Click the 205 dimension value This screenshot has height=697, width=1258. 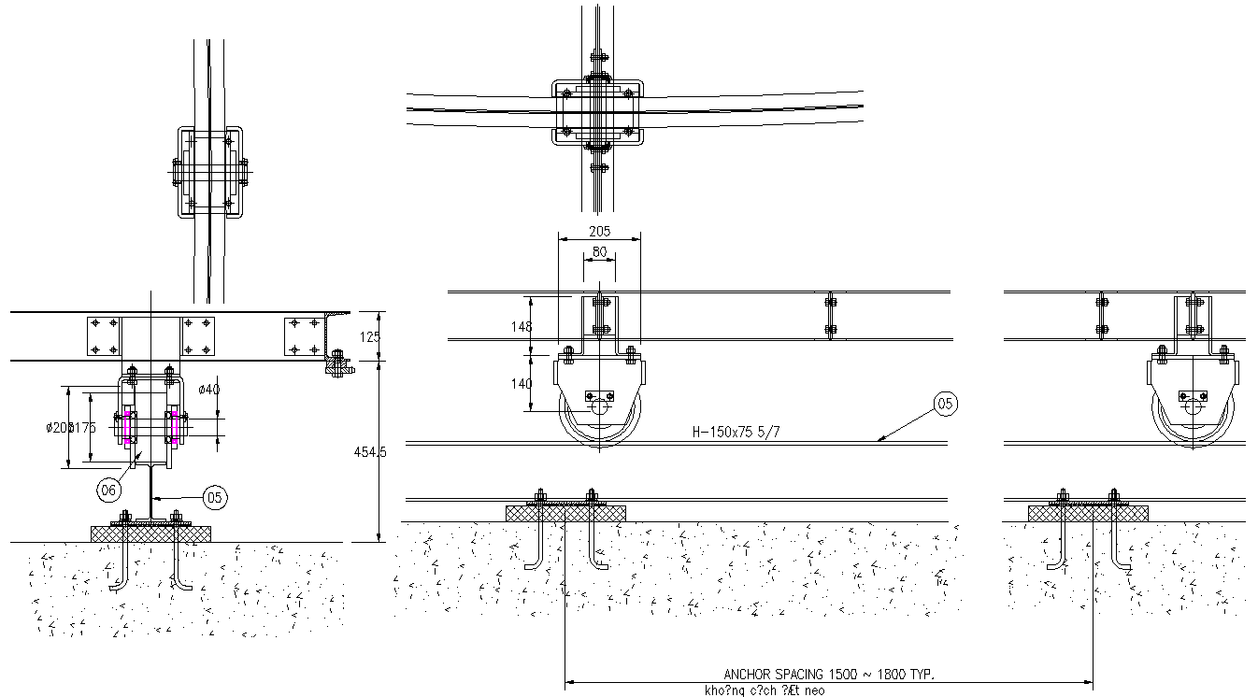tap(599, 230)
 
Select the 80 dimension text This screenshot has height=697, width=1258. tap(599, 251)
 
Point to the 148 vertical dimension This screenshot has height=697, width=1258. tap(522, 326)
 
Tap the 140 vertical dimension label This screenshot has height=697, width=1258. tap(522, 383)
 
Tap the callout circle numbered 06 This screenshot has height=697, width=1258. tap(109, 489)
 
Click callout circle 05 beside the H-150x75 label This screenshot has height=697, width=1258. tap(946, 404)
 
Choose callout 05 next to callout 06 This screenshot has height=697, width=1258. tap(214, 498)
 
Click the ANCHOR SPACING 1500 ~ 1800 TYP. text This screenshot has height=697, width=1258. tap(829, 674)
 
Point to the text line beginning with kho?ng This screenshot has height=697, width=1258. tap(765, 691)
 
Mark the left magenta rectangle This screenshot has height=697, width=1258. tap(128, 426)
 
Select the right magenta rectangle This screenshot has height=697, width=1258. tap(174, 426)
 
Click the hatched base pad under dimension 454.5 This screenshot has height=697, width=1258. tap(150, 533)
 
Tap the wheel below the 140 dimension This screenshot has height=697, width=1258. tap(599, 420)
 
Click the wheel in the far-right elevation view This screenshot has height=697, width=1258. tap(1193, 420)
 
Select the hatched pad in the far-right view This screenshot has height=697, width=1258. tap(1088, 513)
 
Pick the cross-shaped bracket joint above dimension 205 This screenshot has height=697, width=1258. tap(598, 112)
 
